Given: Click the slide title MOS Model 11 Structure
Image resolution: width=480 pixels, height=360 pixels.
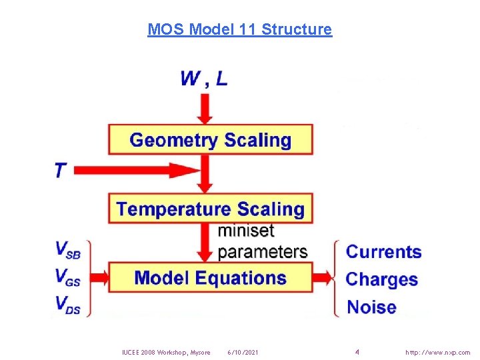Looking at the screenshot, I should point(239,29).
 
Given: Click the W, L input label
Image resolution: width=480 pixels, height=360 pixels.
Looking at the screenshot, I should point(203,79).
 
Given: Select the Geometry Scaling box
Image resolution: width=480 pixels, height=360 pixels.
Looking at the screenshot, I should point(210,140).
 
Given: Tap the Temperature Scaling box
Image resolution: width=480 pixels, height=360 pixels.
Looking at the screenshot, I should point(210,209).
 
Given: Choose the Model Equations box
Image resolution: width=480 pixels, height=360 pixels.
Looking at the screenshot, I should point(210,278).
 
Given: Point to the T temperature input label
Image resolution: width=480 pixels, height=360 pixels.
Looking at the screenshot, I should point(61,171).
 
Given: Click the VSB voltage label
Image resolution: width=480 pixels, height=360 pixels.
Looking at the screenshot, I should point(70,250).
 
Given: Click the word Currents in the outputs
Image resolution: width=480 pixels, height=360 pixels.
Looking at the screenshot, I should point(384,252).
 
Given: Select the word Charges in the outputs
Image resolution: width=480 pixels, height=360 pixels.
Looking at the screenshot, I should point(382,279).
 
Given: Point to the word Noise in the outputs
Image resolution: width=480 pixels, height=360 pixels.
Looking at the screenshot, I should point(371,307).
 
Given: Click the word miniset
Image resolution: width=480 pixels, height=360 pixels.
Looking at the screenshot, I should point(246,231).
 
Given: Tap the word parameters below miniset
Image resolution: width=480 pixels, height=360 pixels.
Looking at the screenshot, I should point(263,252).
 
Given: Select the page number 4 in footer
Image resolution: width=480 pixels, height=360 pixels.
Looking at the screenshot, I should point(357,351).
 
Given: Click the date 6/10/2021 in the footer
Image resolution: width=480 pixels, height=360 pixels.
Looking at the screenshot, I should point(243,352).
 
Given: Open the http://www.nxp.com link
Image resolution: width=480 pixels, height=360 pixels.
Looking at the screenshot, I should point(437,352).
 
